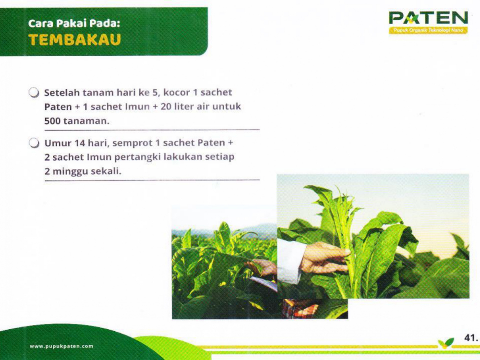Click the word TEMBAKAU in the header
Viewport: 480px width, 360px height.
[x=75, y=40]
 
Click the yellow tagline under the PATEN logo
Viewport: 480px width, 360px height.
[x=428, y=30]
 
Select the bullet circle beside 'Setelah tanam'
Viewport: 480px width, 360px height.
[x=34, y=93]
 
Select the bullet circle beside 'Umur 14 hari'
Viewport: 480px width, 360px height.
[x=34, y=143]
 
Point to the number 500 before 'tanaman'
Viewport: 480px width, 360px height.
[x=52, y=121]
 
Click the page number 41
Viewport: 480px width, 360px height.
[x=471, y=337]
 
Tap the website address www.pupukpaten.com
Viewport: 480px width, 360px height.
[x=61, y=346]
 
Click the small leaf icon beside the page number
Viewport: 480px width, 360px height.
[x=446, y=343]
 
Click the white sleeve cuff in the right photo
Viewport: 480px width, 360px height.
[x=291, y=262]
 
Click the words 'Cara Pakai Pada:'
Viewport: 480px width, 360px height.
[x=74, y=24]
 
